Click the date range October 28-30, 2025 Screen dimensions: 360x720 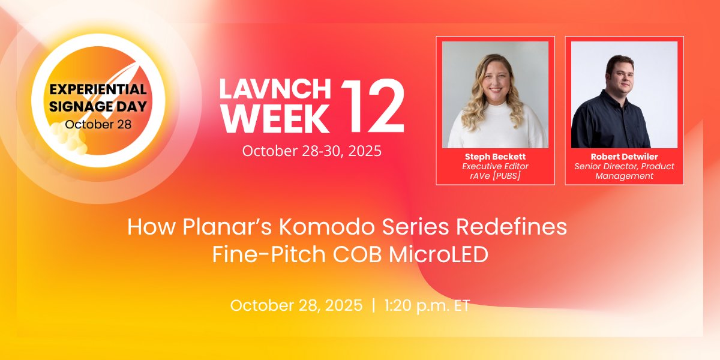[311, 151]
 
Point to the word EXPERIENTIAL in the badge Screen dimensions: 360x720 [98, 89]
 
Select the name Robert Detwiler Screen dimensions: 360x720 [624, 157]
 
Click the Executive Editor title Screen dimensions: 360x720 [495, 166]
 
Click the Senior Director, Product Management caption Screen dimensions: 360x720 [624, 171]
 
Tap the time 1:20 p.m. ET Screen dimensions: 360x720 [427, 305]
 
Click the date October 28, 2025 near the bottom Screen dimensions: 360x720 [296, 305]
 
